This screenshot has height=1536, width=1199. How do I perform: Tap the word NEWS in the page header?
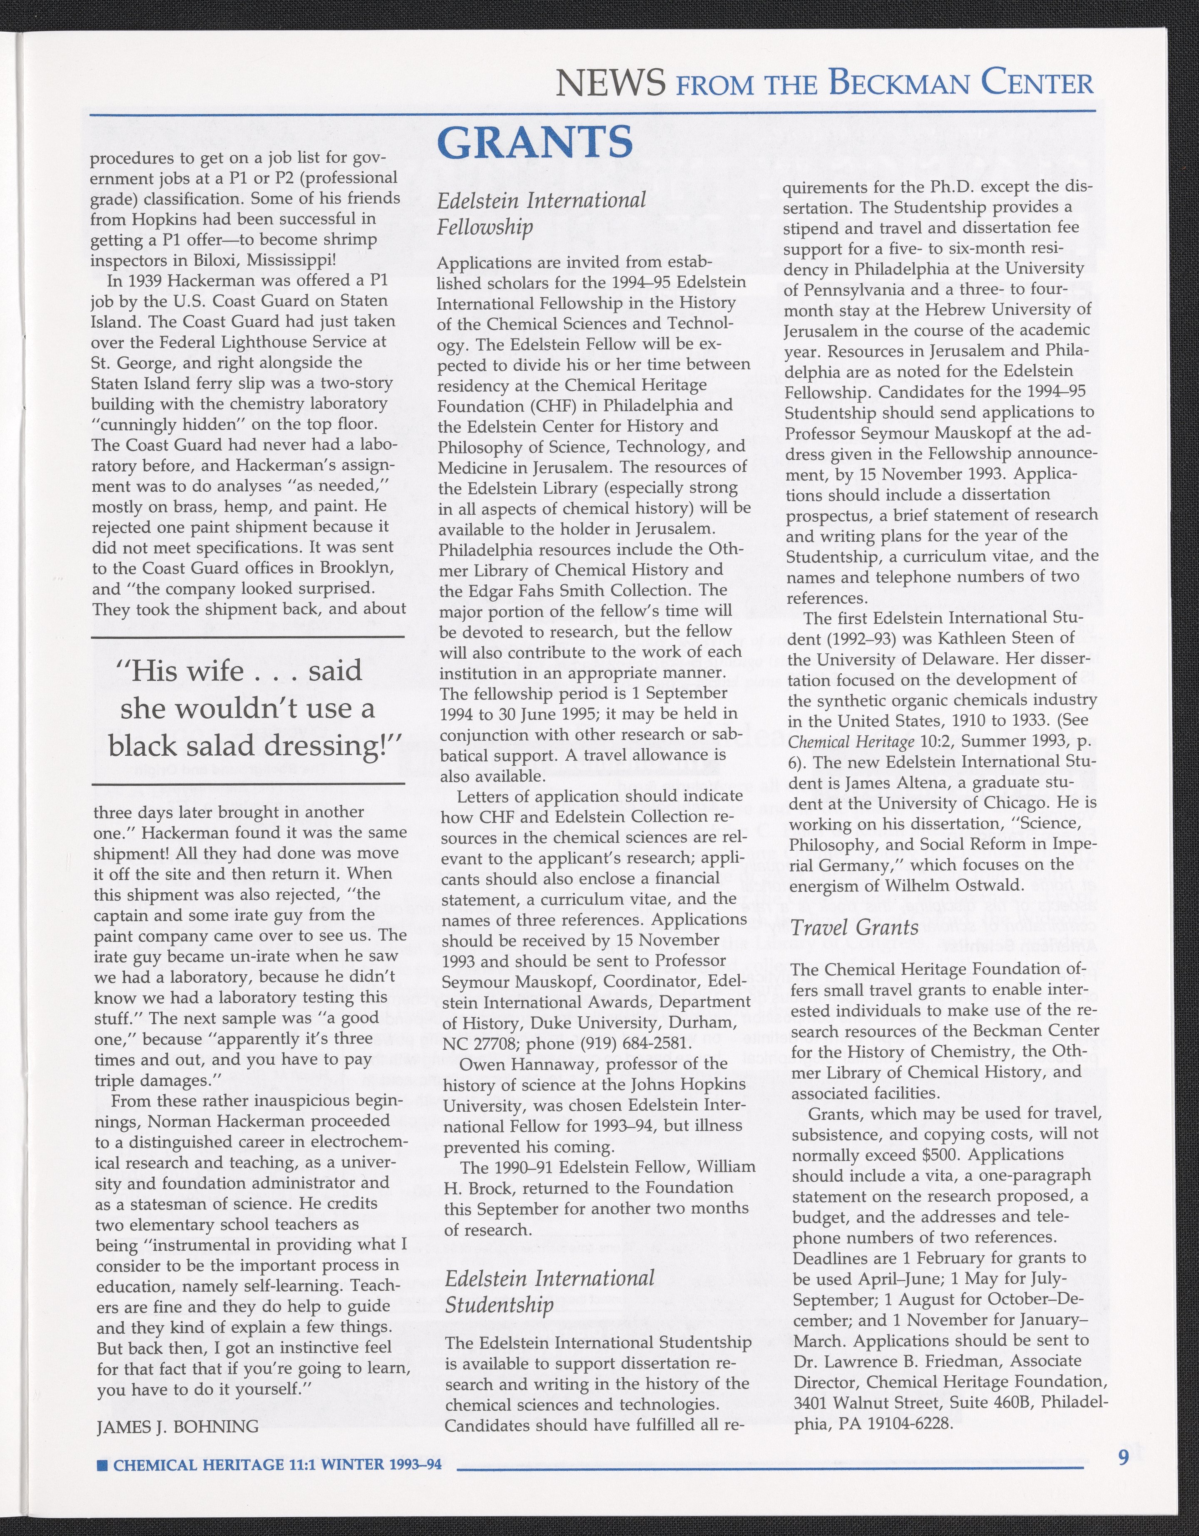point(610,85)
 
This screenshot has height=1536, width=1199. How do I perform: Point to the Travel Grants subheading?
point(854,927)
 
